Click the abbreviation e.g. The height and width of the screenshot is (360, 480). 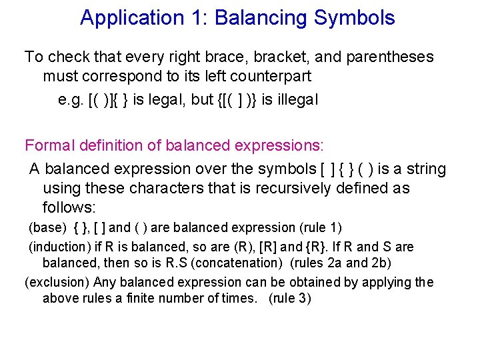[x=71, y=100]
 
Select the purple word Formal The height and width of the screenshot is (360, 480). [x=47, y=145]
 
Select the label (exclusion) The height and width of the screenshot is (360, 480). [x=57, y=283]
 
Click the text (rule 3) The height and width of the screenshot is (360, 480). [x=289, y=298]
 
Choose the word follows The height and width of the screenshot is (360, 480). [x=69, y=207]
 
